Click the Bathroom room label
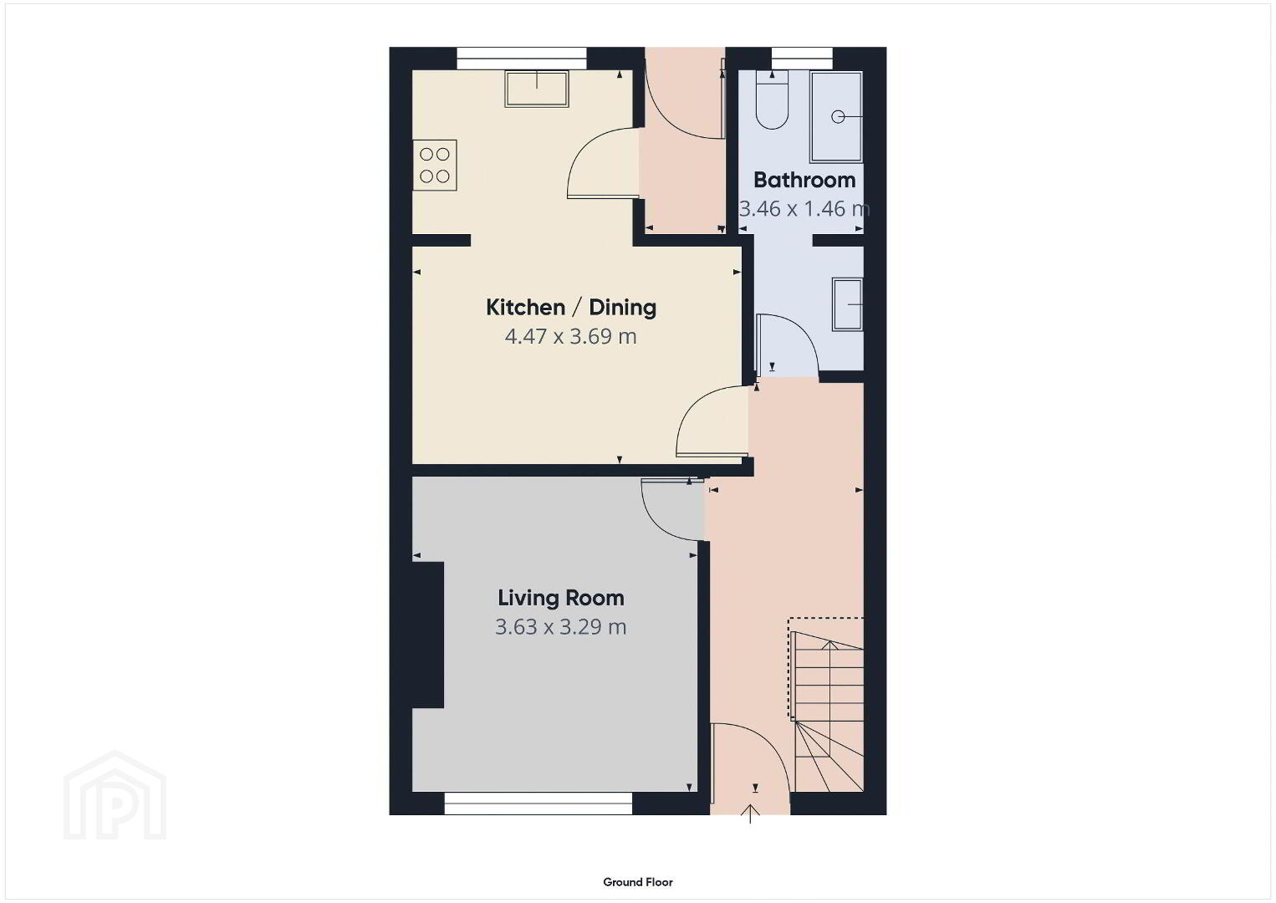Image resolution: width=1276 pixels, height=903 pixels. [804, 180]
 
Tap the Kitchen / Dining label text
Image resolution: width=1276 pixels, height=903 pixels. [571, 308]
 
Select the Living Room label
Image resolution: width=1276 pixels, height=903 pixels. [561, 598]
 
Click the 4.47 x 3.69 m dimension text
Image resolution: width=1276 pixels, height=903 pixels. [571, 336]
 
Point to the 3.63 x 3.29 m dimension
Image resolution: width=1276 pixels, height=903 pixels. [561, 627]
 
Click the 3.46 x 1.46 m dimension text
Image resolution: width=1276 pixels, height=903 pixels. [804, 209]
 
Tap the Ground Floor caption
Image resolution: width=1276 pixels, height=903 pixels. [638, 882]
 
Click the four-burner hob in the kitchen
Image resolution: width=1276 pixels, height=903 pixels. [435, 166]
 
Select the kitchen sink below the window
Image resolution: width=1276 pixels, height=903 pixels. [537, 89]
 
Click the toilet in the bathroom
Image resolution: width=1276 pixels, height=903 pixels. [772, 99]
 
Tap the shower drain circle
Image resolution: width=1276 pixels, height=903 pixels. [838, 117]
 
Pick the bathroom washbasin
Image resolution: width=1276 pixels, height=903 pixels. [848, 304]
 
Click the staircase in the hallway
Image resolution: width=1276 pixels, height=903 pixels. [827, 705]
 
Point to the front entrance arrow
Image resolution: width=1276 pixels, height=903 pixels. [751, 814]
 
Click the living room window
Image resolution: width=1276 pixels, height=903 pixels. [538, 804]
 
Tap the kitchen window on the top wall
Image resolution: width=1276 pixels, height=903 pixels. [522, 59]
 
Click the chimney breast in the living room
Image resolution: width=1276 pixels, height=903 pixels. [428, 635]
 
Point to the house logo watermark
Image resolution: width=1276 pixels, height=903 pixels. [115, 795]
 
